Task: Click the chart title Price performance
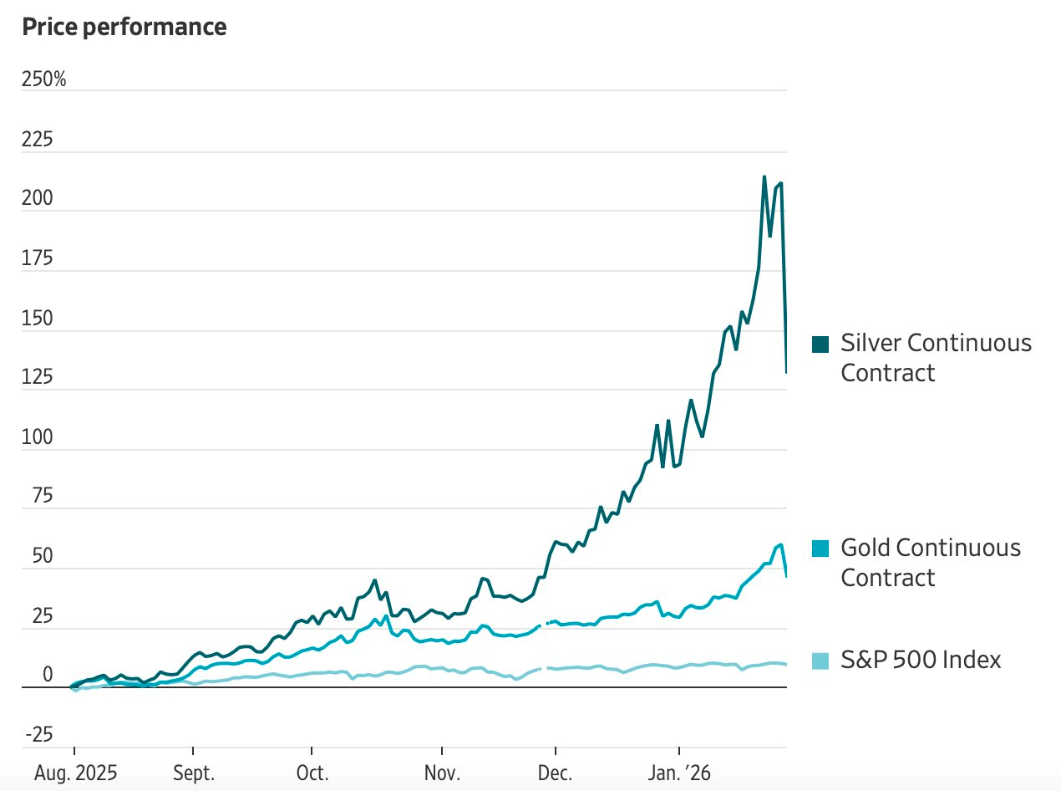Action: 124,27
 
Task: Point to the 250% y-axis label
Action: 44,80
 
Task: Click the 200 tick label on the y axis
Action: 38,199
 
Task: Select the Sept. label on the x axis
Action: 193,773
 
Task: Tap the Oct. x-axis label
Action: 312,773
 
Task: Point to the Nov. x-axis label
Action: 441,773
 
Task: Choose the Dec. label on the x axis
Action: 555,773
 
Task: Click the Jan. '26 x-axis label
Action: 679,773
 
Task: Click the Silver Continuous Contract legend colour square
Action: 820,344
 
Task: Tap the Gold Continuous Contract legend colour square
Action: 820,549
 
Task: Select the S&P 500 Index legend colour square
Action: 820,661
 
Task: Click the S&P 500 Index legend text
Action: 920,661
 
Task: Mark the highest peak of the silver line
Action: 764,176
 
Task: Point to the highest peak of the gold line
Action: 780,544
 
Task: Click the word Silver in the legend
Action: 871,343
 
